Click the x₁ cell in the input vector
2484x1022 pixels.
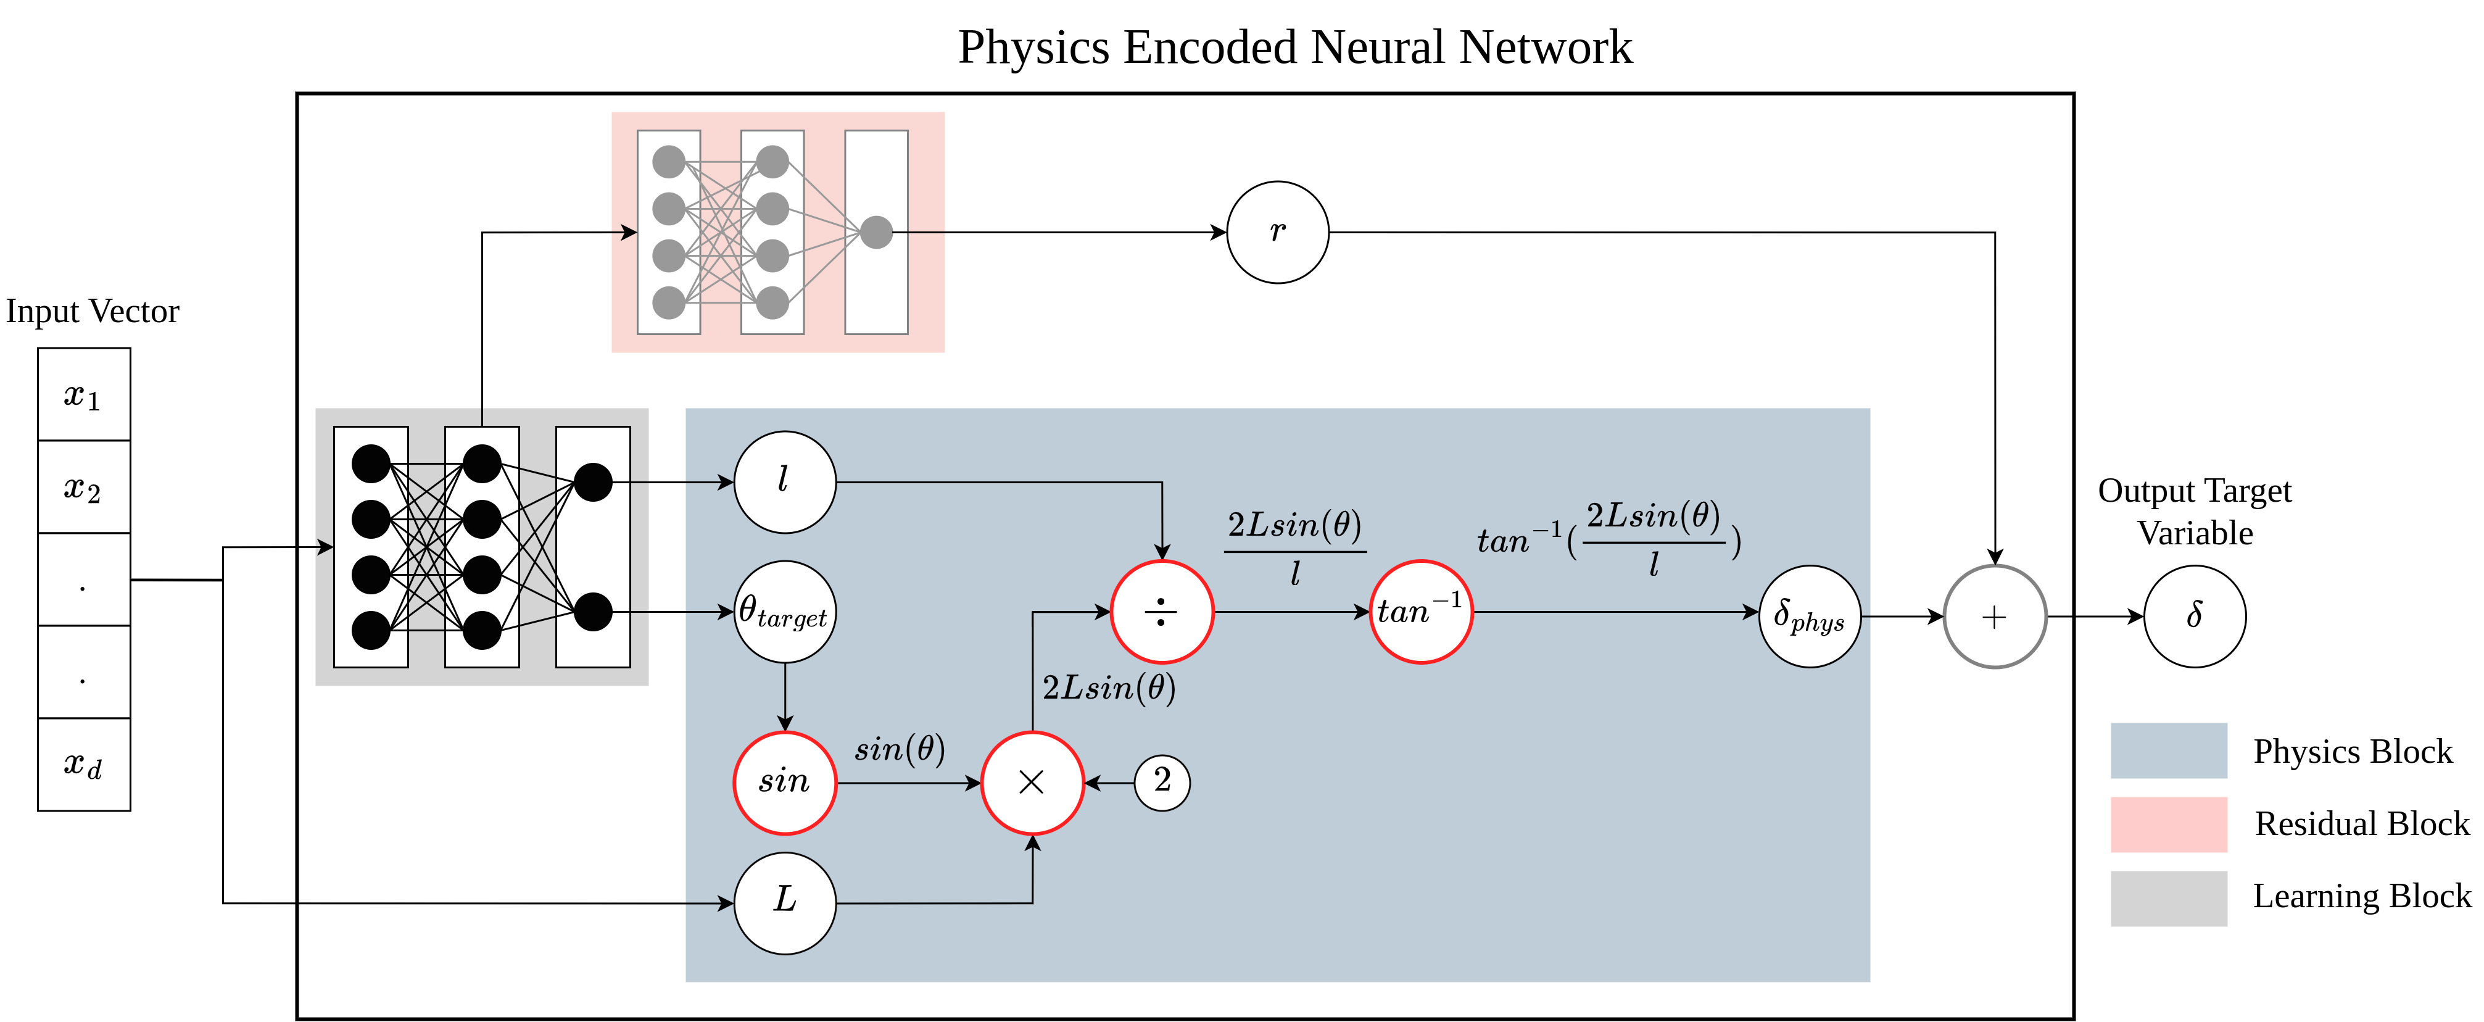click(84, 394)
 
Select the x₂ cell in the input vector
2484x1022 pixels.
click(84, 487)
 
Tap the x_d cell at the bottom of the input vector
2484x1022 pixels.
click(84, 763)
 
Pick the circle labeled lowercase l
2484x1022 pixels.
click(785, 482)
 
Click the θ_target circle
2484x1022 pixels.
click(785, 612)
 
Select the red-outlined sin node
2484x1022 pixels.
click(785, 782)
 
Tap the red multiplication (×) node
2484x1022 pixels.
click(1032, 782)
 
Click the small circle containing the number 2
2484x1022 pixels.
click(1162, 782)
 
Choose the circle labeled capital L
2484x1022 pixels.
click(785, 902)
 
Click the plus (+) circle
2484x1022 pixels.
click(1994, 617)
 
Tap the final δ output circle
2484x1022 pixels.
click(2195, 616)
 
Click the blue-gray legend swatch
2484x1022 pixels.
click(2169, 750)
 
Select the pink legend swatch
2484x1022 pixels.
click(2169, 825)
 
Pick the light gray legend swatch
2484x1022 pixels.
click(2169, 899)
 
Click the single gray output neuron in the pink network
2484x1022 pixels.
click(876, 233)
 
